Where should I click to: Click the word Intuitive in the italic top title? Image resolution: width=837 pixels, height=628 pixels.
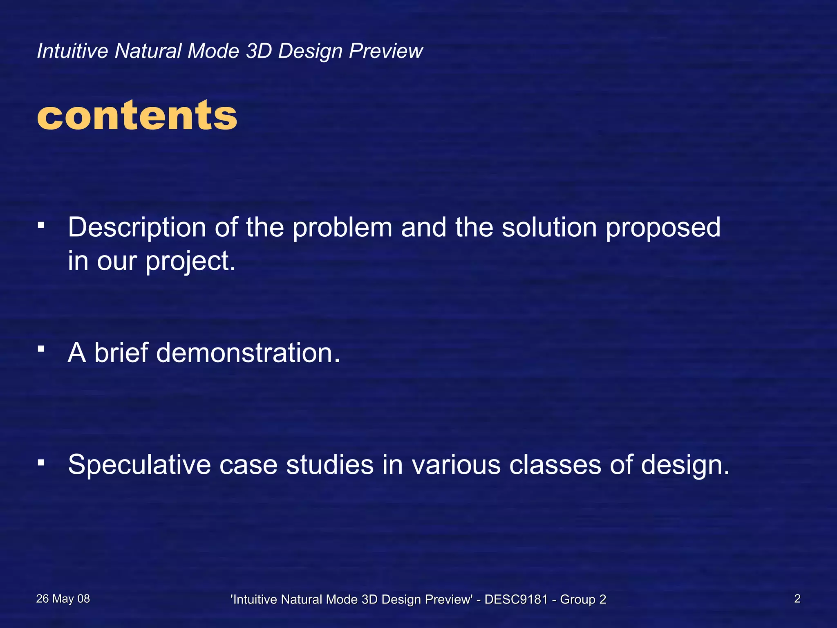click(72, 51)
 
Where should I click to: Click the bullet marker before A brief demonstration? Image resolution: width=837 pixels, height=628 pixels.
click(40, 349)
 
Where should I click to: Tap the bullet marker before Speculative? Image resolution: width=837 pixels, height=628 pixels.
click(40, 462)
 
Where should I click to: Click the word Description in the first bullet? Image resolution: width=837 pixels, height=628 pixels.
click(137, 228)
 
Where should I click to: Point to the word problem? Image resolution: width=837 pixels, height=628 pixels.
click(342, 227)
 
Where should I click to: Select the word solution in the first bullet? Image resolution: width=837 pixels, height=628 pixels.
click(550, 227)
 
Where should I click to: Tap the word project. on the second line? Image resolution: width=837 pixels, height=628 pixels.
click(191, 262)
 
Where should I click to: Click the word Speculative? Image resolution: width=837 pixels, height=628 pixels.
click(139, 465)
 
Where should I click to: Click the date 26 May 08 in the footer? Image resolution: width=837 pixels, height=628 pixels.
click(63, 599)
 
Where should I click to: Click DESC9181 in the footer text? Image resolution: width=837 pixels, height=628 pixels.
click(516, 599)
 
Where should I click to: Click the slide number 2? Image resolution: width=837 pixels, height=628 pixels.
click(797, 599)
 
